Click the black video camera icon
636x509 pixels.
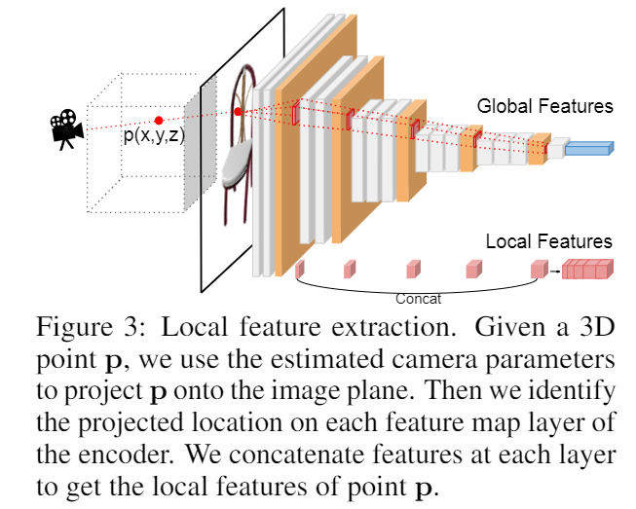click(x=65, y=127)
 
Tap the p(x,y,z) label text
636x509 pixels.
click(x=154, y=135)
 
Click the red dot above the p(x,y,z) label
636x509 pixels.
click(x=158, y=121)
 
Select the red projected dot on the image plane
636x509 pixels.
click(x=238, y=113)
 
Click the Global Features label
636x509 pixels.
click(x=544, y=106)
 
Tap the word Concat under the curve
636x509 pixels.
click(x=419, y=299)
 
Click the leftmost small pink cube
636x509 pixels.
click(x=300, y=266)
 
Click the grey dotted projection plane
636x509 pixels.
click(x=200, y=146)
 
